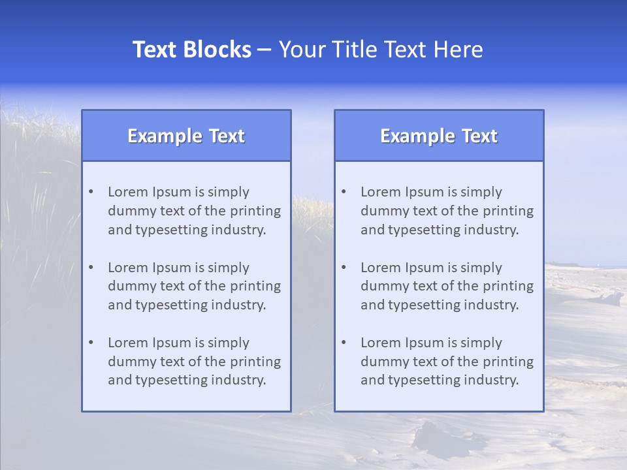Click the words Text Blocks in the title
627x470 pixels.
coord(191,50)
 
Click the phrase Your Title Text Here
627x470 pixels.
coord(381,50)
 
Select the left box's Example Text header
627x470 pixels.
coord(186,136)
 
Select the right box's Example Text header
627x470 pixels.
coord(439,136)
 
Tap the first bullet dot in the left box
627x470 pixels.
coord(91,192)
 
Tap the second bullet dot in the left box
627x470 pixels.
coord(91,268)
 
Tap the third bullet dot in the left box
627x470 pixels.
coord(91,343)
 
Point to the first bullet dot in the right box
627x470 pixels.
coord(344,192)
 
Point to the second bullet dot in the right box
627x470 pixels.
coord(344,268)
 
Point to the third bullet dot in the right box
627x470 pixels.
coord(344,343)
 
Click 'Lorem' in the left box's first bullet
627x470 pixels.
coord(128,192)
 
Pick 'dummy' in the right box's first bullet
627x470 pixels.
coord(381,211)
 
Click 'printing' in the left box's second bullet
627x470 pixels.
coord(257,286)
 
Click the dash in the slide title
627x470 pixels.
coord(265,50)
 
